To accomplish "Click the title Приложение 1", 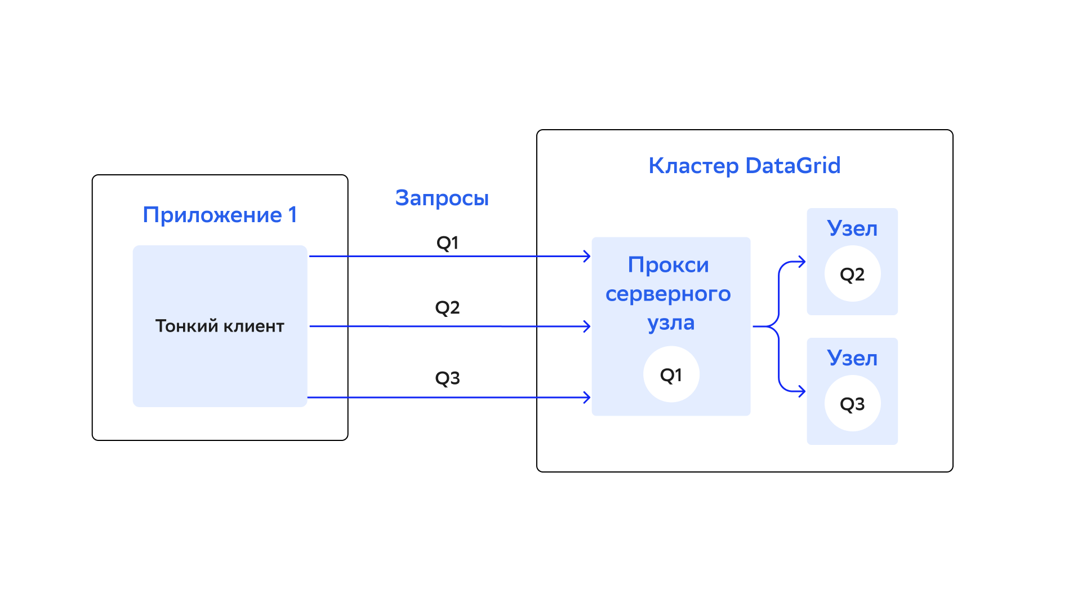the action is [x=220, y=215].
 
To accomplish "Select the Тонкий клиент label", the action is [x=220, y=326].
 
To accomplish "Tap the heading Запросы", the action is [x=442, y=198].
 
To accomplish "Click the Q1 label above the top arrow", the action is [x=448, y=243].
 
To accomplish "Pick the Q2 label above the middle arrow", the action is [x=448, y=308].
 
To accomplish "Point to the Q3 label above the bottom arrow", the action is [x=448, y=378].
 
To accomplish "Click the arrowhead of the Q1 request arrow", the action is [x=587, y=257].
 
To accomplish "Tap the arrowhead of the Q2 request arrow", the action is [x=587, y=326].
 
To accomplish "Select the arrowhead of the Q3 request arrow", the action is [x=587, y=398].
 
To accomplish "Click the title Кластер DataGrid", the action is [x=745, y=166].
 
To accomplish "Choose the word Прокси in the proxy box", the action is [x=669, y=265].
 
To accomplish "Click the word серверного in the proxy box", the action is [x=669, y=294].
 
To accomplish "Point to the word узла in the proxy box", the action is [x=671, y=323].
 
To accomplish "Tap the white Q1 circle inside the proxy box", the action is [x=671, y=374].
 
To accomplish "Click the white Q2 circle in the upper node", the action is [x=853, y=274].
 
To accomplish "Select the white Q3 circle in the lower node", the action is [x=853, y=404].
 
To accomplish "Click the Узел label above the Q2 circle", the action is [x=852, y=228].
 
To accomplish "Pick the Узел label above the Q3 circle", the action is [x=852, y=358].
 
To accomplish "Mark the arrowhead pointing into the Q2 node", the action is [x=802, y=262].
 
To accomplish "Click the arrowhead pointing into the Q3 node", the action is [x=802, y=391].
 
